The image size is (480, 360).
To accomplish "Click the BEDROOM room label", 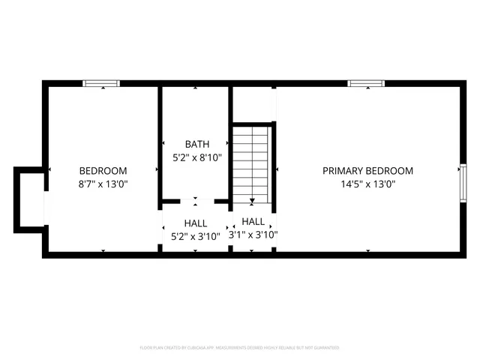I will tap(103, 170).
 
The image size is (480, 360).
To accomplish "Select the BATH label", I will tap(197, 144).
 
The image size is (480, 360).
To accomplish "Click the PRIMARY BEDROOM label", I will tap(367, 170).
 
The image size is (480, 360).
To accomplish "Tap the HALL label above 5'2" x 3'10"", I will tap(196, 223).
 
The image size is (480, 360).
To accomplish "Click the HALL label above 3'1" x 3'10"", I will tap(253, 222).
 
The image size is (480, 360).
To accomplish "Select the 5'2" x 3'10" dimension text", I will tap(196, 236).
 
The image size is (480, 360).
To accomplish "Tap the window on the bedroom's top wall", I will tap(101, 83).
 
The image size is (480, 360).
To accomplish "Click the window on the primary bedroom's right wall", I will tap(463, 183).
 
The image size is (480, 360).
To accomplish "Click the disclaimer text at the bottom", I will tap(240, 348).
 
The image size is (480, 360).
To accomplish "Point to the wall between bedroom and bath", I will tap(160, 142).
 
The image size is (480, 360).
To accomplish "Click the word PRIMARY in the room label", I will tap(342, 170).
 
